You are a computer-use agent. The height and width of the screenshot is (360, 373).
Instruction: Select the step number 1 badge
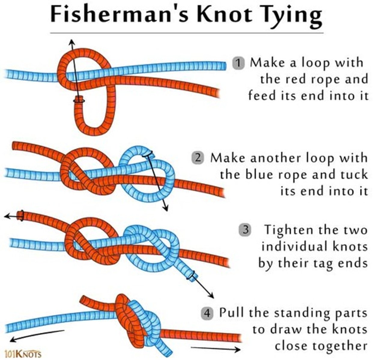click(x=238, y=63)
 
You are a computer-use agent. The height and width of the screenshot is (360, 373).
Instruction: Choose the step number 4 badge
click(x=207, y=313)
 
